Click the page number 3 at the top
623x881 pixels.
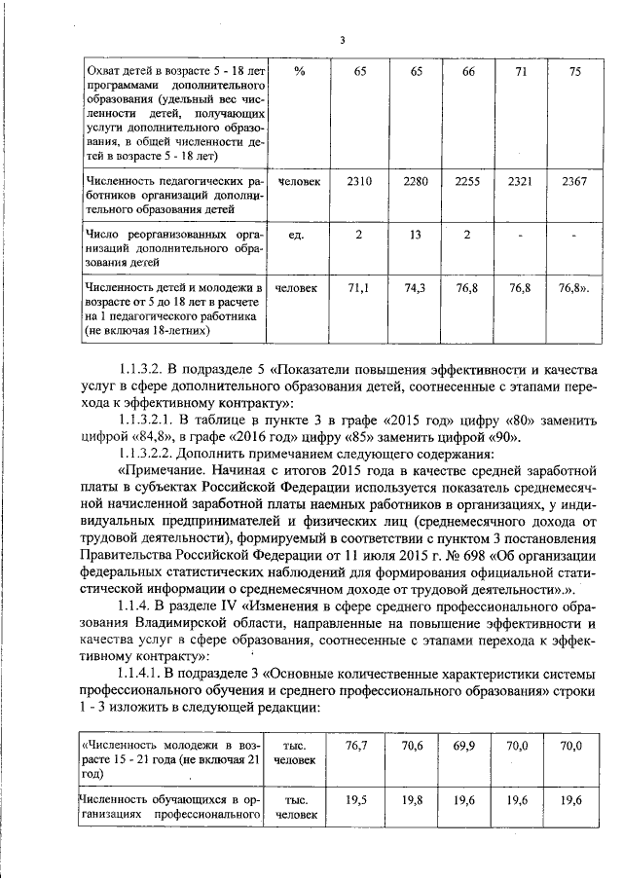point(342,40)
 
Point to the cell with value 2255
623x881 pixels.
point(468,182)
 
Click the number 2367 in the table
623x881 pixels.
point(574,182)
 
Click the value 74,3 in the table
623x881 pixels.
point(415,289)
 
